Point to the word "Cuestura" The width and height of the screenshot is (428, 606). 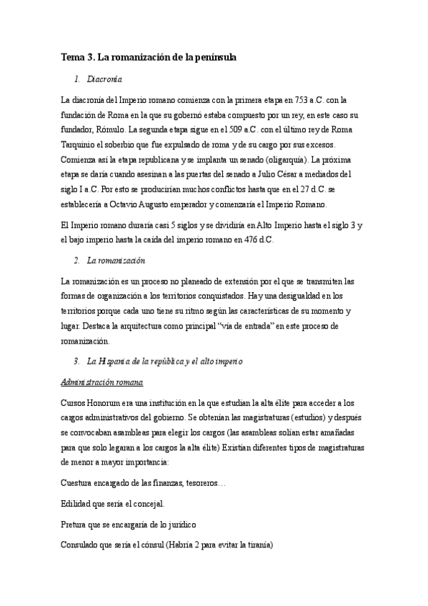coord(81,484)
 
